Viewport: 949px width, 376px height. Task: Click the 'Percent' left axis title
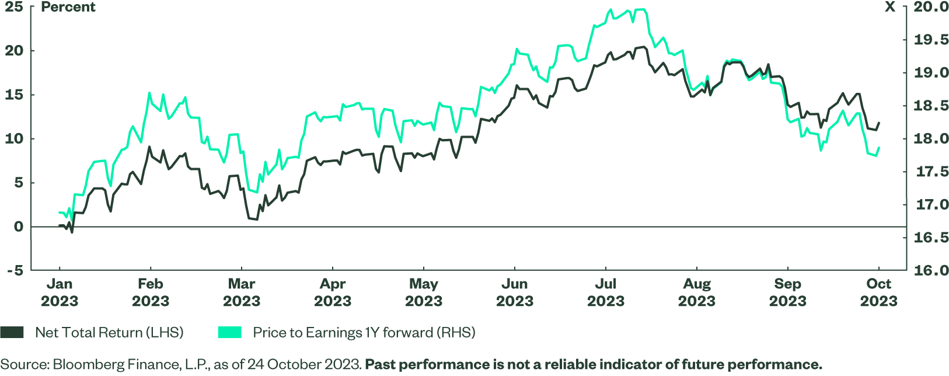(x=68, y=7)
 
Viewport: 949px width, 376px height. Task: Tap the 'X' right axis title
(x=890, y=7)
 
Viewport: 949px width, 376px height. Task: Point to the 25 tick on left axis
(x=14, y=7)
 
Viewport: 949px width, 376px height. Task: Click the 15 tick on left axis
(x=14, y=95)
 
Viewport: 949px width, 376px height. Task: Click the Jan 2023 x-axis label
(x=60, y=293)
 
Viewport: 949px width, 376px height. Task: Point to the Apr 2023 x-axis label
(x=333, y=293)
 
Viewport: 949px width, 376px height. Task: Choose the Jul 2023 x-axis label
(x=606, y=293)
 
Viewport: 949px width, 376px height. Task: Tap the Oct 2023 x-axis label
(x=878, y=293)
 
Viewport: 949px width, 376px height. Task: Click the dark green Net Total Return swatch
(x=12, y=332)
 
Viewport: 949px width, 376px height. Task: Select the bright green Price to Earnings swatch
(x=229, y=332)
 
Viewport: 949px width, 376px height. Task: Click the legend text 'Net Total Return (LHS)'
(x=109, y=333)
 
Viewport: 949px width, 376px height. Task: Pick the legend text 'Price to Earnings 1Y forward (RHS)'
(x=364, y=333)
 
